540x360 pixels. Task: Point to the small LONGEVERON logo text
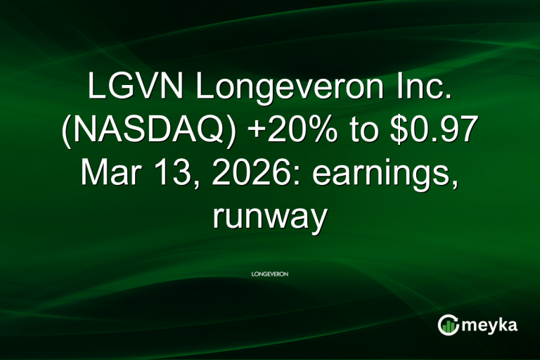click(270, 273)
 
